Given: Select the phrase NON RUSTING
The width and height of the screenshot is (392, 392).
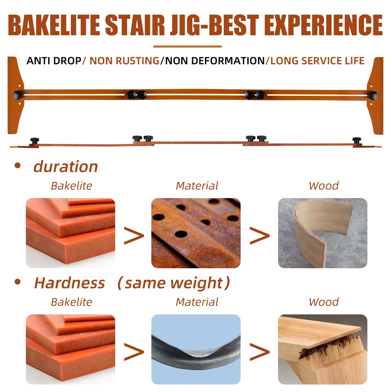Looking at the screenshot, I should click(x=124, y=61).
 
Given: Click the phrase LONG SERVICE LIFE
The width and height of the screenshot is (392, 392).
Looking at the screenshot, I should click(x=317, y=61).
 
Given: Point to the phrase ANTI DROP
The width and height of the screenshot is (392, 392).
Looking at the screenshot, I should click(x=54, y=61).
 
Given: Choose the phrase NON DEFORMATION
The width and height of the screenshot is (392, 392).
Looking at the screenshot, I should click(x=215, y=61).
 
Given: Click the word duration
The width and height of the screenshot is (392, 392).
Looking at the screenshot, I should click(x=66, y=166).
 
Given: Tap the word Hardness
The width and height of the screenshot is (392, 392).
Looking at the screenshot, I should click(x=70, y=283).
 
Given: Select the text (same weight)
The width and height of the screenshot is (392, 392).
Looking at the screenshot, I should click(x=174, y=283).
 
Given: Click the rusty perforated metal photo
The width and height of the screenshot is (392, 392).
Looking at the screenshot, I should click(x=196, y=233).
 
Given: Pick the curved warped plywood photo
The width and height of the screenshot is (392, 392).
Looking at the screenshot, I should click(x=322, y=233).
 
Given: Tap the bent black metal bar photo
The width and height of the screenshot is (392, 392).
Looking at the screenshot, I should click(x=196, y=349).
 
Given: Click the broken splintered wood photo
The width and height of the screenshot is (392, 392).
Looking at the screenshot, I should click(x=322, y=349).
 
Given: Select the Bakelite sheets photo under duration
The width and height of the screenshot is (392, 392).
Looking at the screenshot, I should click(x=71, y=233).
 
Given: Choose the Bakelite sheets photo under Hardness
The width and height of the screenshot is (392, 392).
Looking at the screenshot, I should click(x=71, y=349).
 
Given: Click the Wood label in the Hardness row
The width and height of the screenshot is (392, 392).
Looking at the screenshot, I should click(x=324, y=302).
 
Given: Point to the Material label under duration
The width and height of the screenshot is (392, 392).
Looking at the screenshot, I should click(x=197, y=186).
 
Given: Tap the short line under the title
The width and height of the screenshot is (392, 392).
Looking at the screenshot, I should click(x=187, y=47).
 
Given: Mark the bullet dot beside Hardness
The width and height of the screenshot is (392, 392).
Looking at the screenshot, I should click(x=18, y=282).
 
